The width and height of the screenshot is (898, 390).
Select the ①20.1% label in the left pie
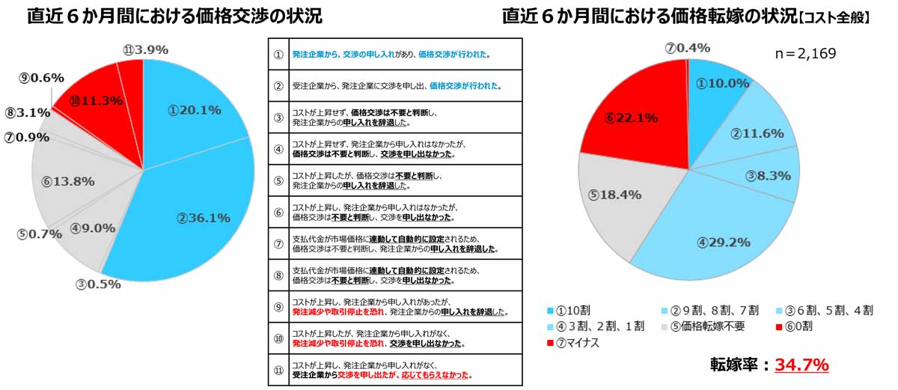point(195,110)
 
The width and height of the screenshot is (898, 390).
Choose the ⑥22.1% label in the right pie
point(632,118)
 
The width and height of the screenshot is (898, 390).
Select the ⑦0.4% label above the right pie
point(687,48)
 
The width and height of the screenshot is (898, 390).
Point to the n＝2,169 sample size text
point(804,54)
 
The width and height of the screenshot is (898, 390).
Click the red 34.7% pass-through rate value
point(801,365)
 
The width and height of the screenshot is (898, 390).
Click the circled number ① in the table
point(278,55)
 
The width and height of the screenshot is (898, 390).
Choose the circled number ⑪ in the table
point(278,370)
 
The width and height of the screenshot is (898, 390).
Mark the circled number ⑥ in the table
point(278,213)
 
